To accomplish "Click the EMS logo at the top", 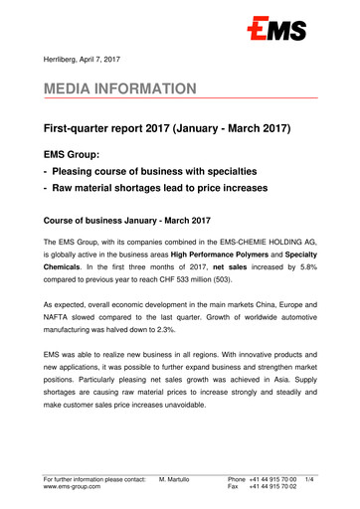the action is [279, 33].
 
